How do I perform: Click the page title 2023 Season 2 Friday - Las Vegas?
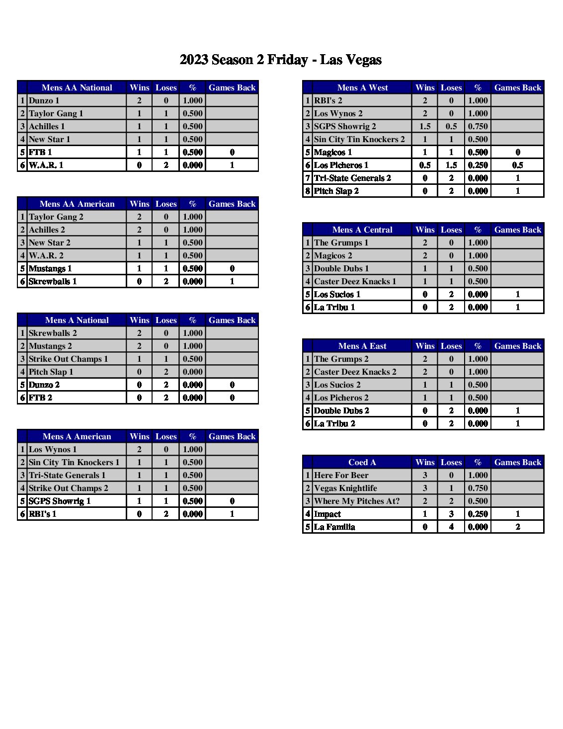point(281,60)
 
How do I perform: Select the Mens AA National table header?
point(77,87)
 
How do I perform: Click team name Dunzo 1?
point(44,100)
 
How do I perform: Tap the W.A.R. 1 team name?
point(46,165)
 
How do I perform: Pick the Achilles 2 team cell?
point(47,230)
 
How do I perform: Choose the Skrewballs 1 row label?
point(53,281)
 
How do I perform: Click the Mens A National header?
point(77,320)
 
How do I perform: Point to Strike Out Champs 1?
point(69,359)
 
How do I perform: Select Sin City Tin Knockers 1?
point(74,462)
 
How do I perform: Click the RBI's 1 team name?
point(43,514)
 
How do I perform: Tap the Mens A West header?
point(362,87)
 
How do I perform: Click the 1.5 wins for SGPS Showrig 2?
point(425,126)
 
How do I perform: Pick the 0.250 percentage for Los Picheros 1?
point(478,165)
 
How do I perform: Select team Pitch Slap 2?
point(336,191)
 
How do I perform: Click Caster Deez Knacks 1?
point(355,281)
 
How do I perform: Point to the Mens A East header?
point(362,346)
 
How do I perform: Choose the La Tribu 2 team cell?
point(334,423)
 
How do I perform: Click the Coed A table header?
point(362,462)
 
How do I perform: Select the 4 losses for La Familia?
point(451,527)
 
